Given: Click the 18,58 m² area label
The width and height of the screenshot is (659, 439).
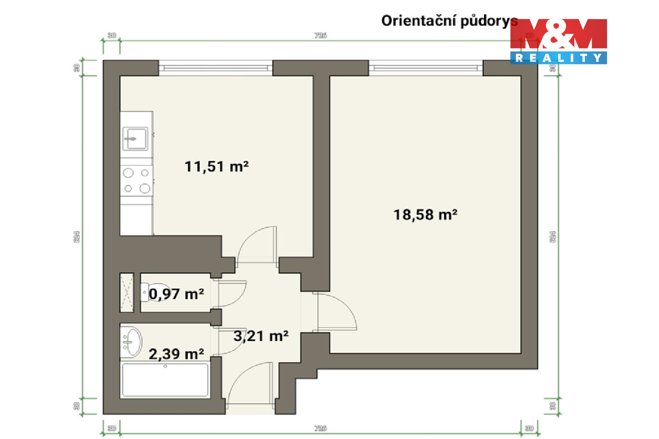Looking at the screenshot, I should point(425,214).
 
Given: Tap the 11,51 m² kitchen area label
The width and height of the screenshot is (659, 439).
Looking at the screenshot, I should point(216,166).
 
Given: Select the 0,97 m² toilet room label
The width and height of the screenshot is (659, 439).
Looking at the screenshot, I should point(176,294).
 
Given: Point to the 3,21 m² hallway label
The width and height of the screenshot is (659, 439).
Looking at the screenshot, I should point(261,336).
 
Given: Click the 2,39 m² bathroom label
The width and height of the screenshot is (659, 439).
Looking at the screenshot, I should point(176,353).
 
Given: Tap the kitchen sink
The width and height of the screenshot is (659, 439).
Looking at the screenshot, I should point(135,139).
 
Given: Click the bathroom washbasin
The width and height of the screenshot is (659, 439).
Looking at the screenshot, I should point(132,341).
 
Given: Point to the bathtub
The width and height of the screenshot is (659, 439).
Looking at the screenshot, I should point(165,380).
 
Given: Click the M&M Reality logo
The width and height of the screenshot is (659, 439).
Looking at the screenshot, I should point(558,41).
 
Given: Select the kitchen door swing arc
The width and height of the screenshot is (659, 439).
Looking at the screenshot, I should point(256,245).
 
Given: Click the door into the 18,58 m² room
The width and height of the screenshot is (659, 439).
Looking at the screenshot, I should point(336,311).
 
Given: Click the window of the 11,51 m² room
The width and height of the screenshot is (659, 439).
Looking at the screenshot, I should point(216,68).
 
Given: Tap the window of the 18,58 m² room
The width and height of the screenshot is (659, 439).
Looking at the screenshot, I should point(426,68).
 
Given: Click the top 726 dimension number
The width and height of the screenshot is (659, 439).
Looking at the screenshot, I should point(320,35).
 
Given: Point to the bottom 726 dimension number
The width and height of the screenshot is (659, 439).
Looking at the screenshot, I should point(320,428).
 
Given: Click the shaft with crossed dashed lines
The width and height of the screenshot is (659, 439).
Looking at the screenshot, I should point(127,293).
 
